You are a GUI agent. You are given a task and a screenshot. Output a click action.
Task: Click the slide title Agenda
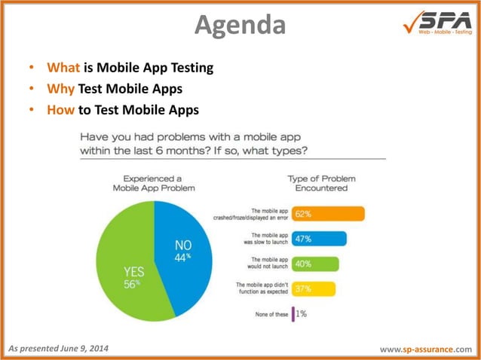point(240,25)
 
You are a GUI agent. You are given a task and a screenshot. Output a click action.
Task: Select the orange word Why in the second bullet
point(60,89)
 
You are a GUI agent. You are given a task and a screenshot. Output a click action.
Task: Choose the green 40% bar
point(315,264)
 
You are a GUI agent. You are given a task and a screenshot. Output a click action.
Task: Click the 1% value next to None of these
point(300,314)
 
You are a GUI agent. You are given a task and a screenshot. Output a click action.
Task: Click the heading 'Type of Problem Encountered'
point(321,183)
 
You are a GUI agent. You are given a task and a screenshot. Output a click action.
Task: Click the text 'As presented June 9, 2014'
point(58,347)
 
